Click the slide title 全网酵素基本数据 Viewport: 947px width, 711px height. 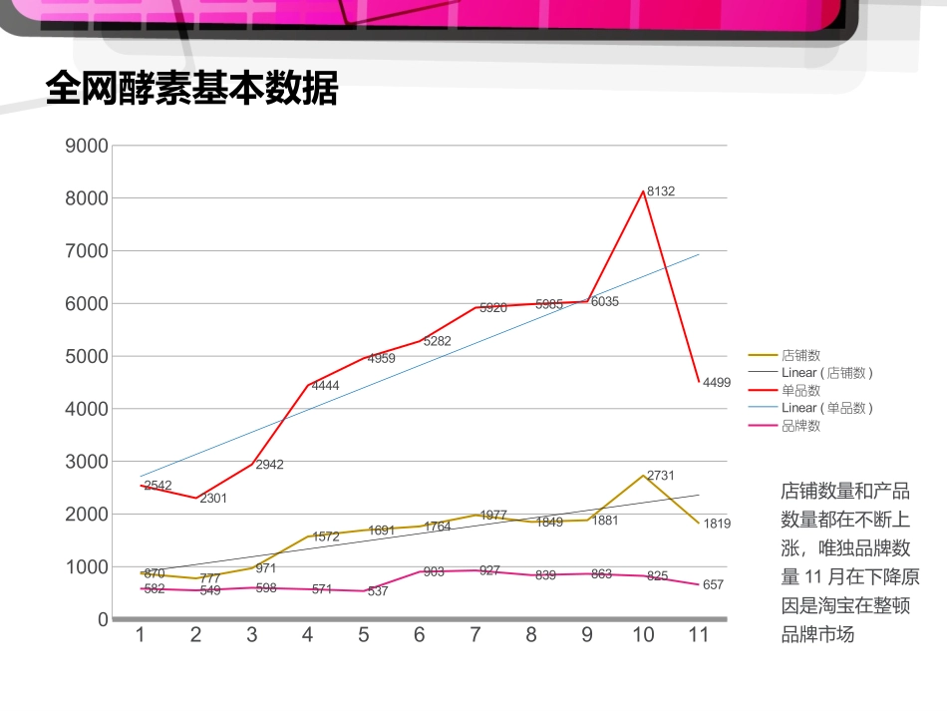(x=192, y=90)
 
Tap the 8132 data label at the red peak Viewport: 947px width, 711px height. (x=661, y=190)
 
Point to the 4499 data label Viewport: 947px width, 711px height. (x=717, y=382)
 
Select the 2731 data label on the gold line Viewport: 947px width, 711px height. (x=661, y=476)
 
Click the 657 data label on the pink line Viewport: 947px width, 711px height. (x=713, y=584)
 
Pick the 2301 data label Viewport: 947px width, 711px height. (x=213, y=498)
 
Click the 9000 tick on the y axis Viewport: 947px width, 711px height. (x=86, y=146)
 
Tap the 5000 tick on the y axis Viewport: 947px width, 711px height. (x=86, y=356)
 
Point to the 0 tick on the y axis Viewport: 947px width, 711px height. (x=102, y=619)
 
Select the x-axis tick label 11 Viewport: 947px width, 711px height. (x=698, y=635)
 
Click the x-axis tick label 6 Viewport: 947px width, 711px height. (x=419, y=635)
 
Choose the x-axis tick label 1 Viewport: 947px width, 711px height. (x=141, y=635)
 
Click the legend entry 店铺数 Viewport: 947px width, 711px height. (x=800, y=355)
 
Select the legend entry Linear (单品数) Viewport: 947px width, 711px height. (x=826, y=408)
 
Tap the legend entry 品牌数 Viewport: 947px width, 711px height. (x=800, y=426)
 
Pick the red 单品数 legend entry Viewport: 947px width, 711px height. (x=800, y=391)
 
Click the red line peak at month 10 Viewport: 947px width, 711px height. (x=643, y=191)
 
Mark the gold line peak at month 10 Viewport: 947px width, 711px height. (x=643, y=475)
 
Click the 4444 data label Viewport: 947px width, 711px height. (x=325, y=385)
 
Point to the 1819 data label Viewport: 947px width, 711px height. (x=717, y=524)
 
